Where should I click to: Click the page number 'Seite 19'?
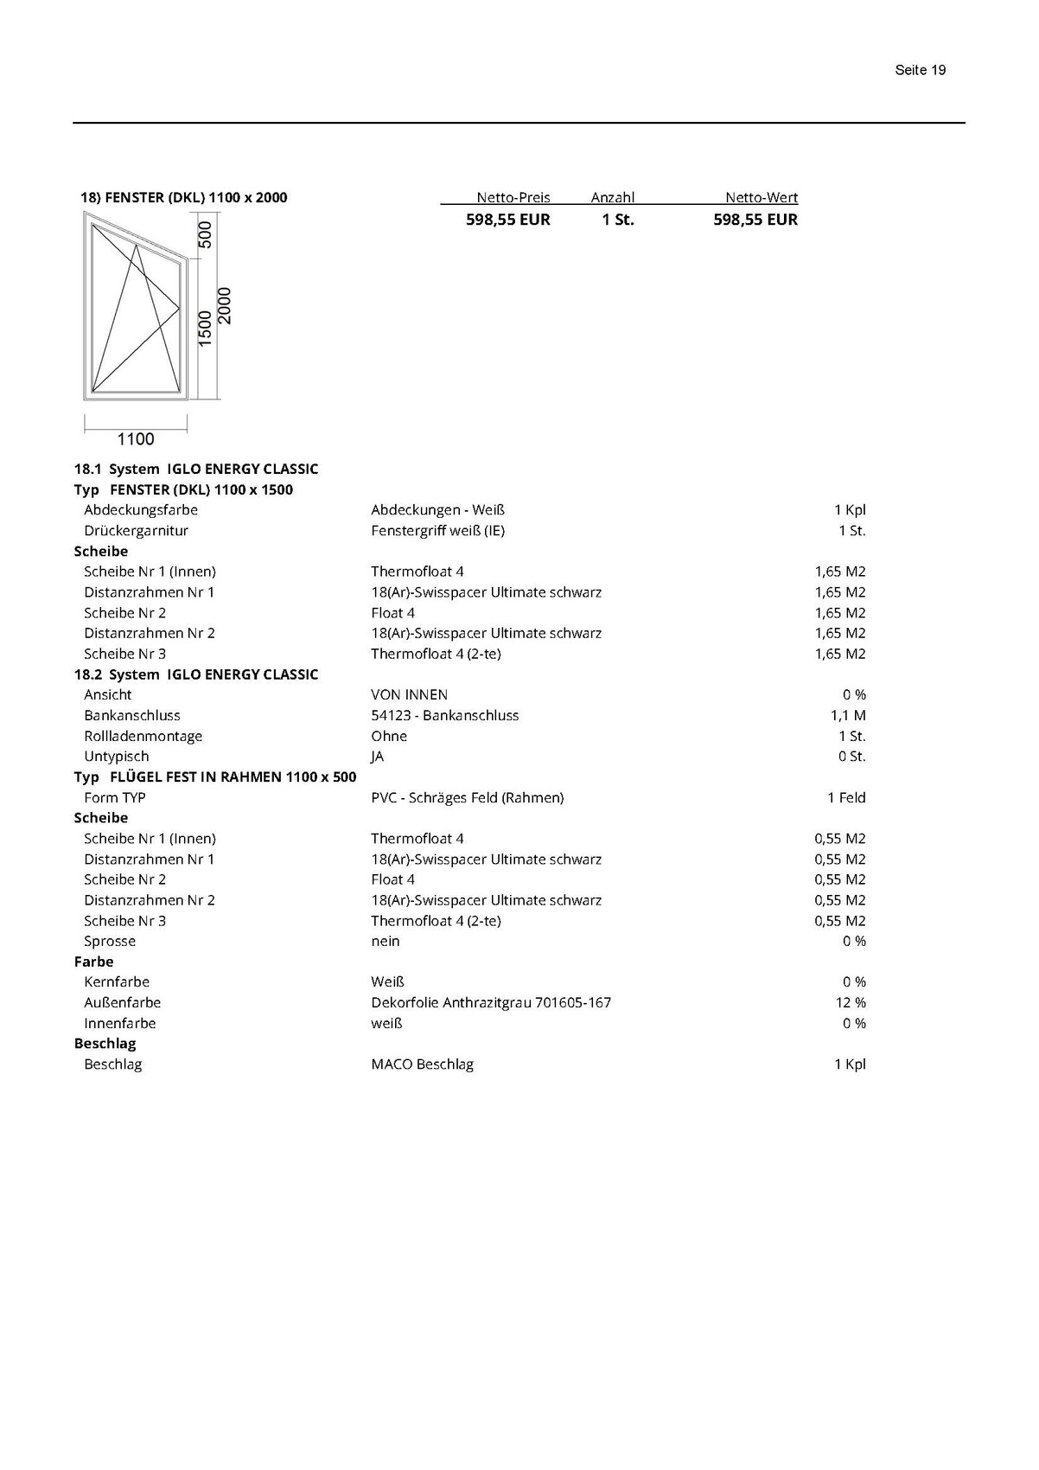point(920,70)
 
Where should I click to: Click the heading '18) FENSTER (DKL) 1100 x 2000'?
point(183,197)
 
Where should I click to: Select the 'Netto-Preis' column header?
point(513,197)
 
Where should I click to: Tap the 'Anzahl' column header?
point(612,197)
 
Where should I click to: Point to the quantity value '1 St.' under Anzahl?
point(618,220)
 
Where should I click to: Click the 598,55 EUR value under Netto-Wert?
point(755,220)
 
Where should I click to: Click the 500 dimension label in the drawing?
point(205,235)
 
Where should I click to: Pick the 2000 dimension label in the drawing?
point(225,306)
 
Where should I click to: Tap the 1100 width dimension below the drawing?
point(136,439)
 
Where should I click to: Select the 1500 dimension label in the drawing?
point(205,329)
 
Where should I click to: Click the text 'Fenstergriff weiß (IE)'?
point(437,531)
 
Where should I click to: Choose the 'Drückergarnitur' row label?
point(136,531)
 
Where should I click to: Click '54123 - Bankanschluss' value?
point(444,715)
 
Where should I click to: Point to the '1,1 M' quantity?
point(848,715)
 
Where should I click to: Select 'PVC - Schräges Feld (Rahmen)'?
point(467,797)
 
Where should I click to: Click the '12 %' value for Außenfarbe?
point(851,1003)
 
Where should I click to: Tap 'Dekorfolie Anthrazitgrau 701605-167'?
point(490,1003)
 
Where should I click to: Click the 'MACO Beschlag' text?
point(422,1064)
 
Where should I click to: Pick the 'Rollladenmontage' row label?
point(143,736)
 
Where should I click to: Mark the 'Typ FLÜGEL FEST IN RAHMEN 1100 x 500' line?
point(215,777)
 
